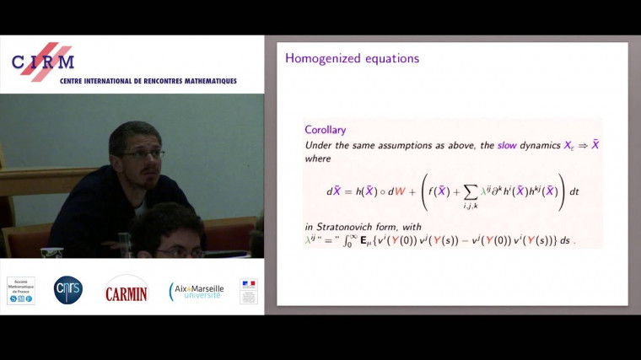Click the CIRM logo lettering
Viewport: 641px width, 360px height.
coord(44,61)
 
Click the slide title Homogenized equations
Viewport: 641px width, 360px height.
coord(352,59)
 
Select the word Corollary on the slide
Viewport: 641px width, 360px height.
coord(325,130)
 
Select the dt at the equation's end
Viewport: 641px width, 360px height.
coord(574,191)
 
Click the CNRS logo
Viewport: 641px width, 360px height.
coord(68,289)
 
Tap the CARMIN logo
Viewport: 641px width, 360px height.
coord(126,291)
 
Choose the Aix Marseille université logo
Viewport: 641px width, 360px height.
coord(197,291)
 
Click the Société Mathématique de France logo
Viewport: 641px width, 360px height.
coord(21,289)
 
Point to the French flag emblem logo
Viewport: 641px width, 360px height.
coord(248,291)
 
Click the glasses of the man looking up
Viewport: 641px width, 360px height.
coord(143,153)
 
